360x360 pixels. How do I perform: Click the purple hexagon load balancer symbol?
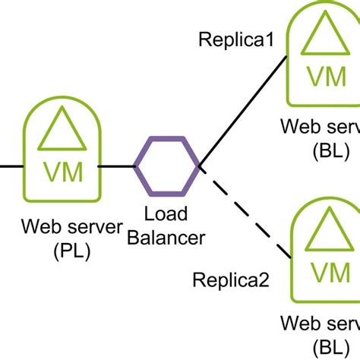point(167,165)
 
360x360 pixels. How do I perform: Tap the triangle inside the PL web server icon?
point(62,130)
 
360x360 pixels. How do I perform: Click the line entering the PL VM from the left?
point(11,165)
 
